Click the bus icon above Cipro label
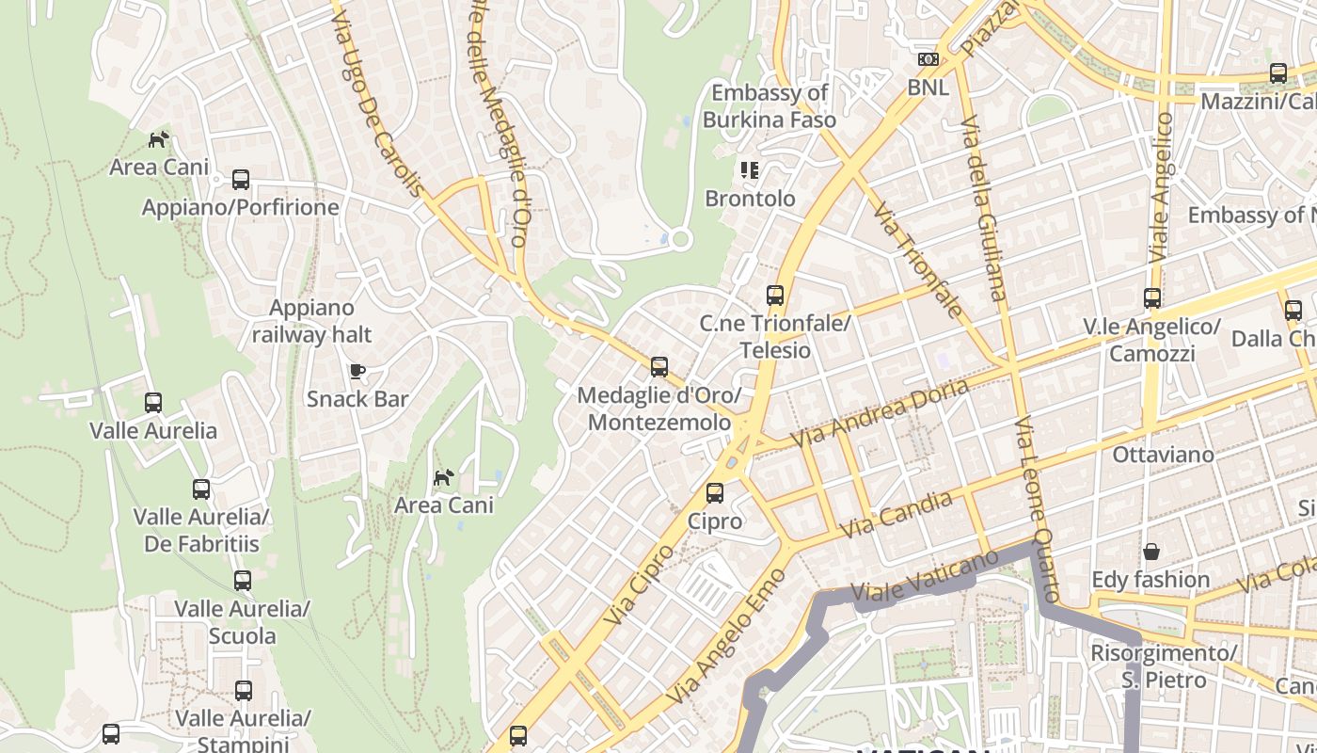tap(715, 493)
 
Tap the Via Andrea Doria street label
tap(879, 413)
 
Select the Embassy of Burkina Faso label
tap(769, 106)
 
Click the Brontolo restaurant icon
tap(750, 170)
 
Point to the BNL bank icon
tap(928, 59)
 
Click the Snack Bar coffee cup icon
tap(357, 371)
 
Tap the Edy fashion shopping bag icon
tap(1150, 552)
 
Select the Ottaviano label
tap(1163, 455)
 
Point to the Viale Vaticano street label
tap(925, 576)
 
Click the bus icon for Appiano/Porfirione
tap(241, 179)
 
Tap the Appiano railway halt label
tap(311, 321)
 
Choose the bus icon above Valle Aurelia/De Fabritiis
tap(201, 489)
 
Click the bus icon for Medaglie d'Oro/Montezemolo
tap(659, 367)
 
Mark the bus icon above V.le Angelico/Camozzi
tap(1152, 298)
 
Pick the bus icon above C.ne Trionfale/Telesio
tap(775, 296)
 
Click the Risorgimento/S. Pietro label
tap(1163, 666)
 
